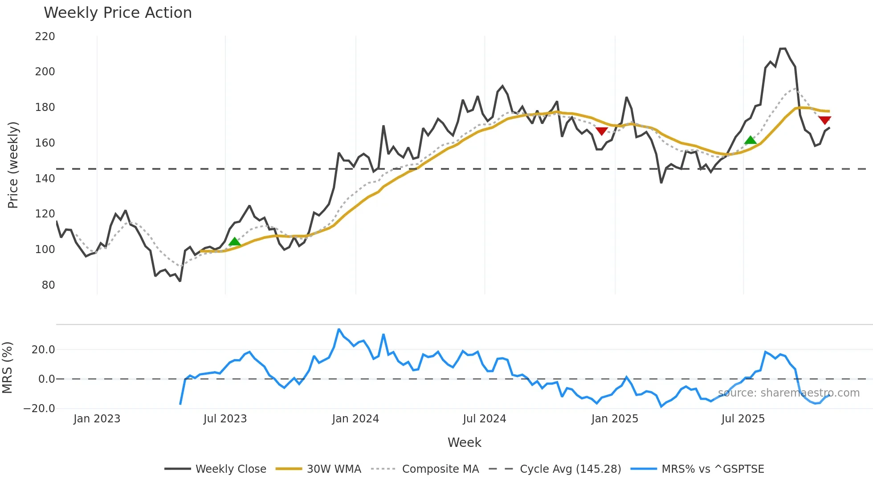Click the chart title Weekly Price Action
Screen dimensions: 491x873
(x=118, y=13)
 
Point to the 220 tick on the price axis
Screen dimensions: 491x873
(x=45, y=37)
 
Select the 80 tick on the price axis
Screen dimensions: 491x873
(x=48, y=285)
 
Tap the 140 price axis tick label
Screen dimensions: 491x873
(x=45, y=179)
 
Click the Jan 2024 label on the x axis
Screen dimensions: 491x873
(x=355, y=419)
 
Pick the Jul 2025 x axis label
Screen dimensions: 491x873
(x=743, y=419)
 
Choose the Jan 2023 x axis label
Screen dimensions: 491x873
(x=97, y=419)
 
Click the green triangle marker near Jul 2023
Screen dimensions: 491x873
(x=234, y=242)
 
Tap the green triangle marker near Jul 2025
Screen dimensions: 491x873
(x=751, y=140)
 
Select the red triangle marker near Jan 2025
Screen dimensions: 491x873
(x=602, y=131)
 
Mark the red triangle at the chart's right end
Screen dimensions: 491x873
(x=824, y=120)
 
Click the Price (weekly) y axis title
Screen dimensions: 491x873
(x=13, y=165)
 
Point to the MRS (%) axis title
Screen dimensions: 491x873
(x=7, y=368)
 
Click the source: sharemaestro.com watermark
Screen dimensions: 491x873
(x=789, y=393)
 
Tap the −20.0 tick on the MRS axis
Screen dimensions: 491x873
(x=39, y=409)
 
